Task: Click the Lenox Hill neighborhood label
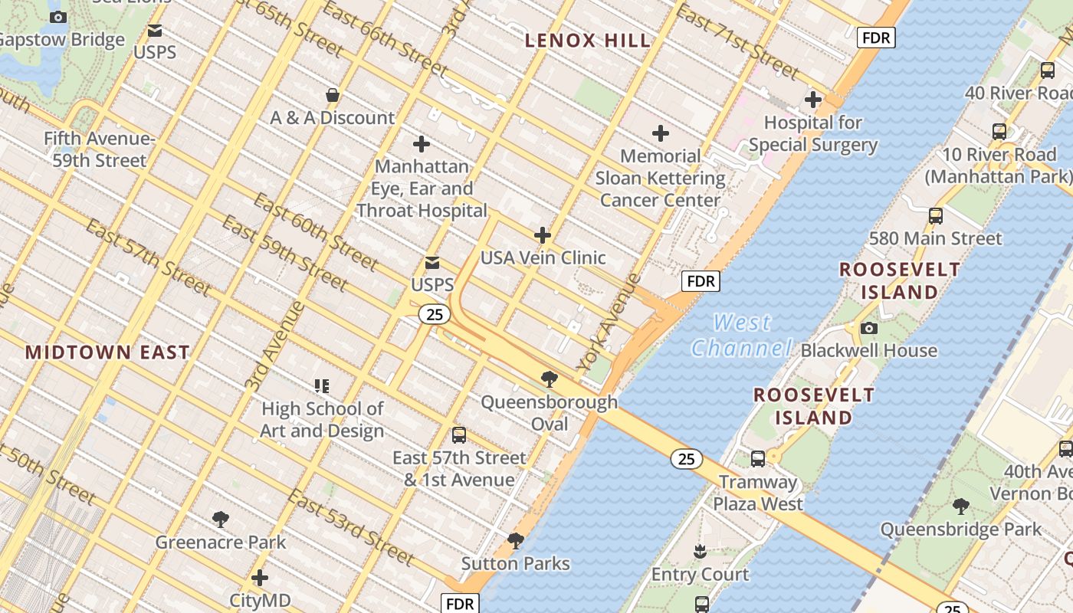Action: coord(588,41)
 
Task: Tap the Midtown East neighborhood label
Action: coord(107,352)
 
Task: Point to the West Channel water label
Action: coord(741,336)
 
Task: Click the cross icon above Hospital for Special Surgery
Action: coord(813,100)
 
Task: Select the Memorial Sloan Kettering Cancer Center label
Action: coord(661,179)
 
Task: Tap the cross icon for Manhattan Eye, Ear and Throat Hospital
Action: coord(421,144)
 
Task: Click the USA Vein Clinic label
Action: coord(543,257)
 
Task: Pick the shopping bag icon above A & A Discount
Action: coord(333,95)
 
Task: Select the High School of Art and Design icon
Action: coord(322,385)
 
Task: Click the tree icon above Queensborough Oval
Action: coord(549,379)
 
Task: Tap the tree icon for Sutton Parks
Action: coord(516,541)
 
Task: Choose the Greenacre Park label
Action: coord(221,543)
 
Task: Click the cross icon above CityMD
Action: coord(260,577)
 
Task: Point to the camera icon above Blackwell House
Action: coord(868,328)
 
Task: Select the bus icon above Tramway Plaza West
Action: coord(757,459)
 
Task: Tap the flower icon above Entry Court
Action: coord(700,551)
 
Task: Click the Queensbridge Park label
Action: coord(960,529)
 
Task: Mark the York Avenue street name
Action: coord(609,322)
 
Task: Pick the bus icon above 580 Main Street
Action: coord(935,216)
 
